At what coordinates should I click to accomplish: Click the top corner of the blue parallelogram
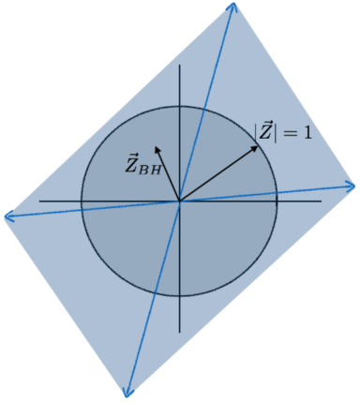[232, 4]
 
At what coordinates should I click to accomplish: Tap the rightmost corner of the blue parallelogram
[354, 186]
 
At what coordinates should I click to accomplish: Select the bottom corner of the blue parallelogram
[126, 396]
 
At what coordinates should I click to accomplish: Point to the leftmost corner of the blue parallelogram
[6, 217]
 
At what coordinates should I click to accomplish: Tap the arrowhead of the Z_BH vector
[156, 145]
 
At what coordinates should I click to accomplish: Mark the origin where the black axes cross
[179, 201]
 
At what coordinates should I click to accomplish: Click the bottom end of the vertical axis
[179, 333]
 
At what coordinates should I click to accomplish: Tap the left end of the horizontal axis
[39, 201]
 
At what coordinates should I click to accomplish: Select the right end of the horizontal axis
[322, 201]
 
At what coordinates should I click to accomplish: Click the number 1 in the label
[307, 132]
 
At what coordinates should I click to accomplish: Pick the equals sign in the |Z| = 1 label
[291, 132]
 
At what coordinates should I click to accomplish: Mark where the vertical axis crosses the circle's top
[179, 104]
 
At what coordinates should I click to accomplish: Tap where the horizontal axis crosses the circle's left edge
[82, 201]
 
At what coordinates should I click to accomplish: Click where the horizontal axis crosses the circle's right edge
[276, 201]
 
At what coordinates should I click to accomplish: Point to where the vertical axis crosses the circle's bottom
[179, 297]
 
